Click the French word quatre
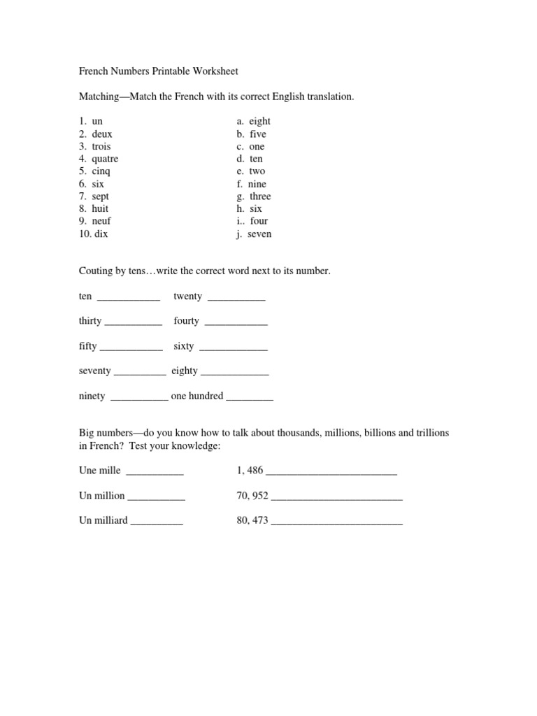(x=105, y=159)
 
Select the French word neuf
(x=101, y=221)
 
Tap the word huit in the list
(x=100, y=208)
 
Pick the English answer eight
(x=259, y=121)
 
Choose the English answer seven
(x=259, y=234)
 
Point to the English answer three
(x=260, y=196)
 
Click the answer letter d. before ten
(x=240, y=159)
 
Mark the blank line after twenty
(x=237, y=299)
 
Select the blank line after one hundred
(x=250, y=399)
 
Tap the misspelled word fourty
(x=187, y=321)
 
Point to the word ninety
(x=92, y=396)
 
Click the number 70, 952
(x=252, y=496)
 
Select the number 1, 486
(x=250, y=471)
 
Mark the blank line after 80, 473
(x=336, y=523)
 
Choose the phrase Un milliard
(x=103, y=520)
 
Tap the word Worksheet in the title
(x=215, y=71)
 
